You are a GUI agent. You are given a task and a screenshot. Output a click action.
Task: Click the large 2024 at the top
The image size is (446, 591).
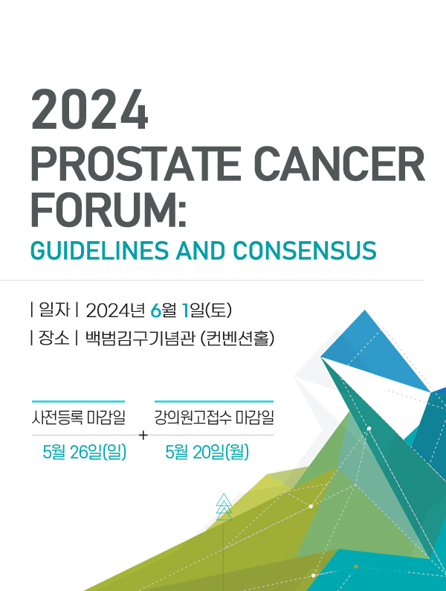tap(90, 109)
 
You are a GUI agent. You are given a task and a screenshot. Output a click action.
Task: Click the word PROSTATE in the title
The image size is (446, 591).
tap(135, 164)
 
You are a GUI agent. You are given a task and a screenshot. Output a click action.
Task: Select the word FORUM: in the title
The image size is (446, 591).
tap(109, 209)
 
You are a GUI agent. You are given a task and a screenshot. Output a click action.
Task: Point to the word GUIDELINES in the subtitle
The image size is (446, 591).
tap(100, 251)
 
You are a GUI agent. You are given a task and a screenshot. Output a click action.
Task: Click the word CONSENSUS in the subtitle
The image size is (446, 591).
tap(305, 251)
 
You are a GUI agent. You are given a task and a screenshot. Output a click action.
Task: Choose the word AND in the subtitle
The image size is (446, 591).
tap(201, 251)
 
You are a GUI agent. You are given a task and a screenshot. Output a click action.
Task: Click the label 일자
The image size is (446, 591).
tap(54, 310)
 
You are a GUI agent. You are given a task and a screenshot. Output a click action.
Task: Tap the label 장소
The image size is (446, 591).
tap(54, 338)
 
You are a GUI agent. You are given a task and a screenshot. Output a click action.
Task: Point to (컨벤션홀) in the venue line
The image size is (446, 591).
tap(237, 338)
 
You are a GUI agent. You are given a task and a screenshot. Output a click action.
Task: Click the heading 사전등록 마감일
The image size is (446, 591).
tap(79, 418)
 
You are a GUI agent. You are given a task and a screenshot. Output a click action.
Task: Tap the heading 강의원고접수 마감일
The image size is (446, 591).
tap(214, 418)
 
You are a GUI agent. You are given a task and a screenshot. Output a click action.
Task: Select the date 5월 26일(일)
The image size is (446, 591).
tap(84, 452)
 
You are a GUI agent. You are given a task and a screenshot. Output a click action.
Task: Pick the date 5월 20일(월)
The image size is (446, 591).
tap(207, 452)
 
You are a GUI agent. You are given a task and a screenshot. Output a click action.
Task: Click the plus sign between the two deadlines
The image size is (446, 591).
tap(143, 435)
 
